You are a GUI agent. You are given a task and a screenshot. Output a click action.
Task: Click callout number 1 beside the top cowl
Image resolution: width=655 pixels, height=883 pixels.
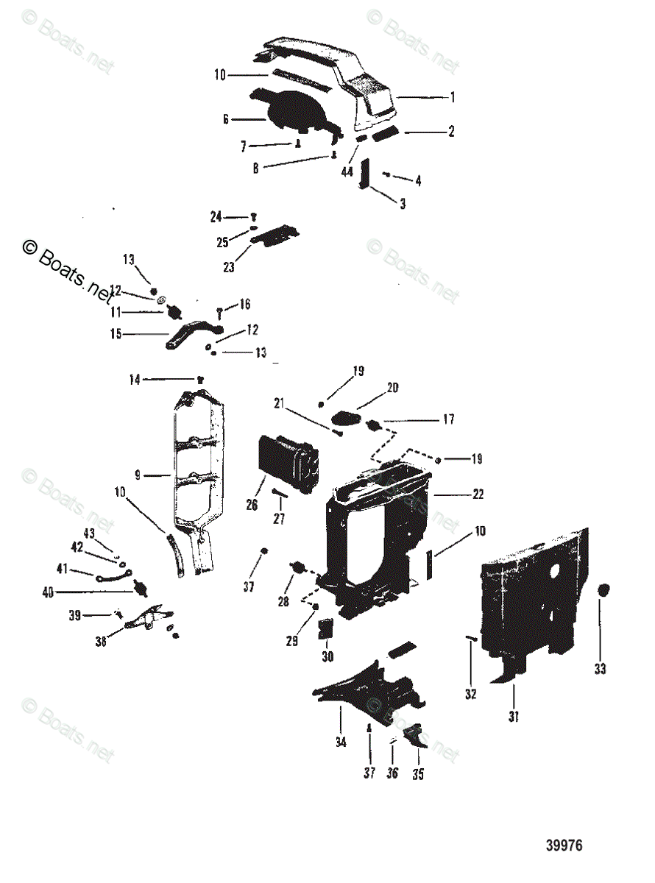tap(453, 96)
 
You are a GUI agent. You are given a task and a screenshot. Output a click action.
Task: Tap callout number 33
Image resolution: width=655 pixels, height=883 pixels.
tap(601, 669)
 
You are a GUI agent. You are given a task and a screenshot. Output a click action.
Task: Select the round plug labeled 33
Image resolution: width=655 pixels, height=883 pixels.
tap(603, 591)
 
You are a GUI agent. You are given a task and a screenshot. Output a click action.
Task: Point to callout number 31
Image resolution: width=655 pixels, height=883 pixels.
tap(514, 716)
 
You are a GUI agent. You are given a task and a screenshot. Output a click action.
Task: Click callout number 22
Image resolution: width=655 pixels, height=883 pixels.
tap(478, 494)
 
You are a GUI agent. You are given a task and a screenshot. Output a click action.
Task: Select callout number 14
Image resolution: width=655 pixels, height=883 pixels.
tap(134, 380)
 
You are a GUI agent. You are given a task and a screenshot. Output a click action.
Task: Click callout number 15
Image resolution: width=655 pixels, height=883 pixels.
tap(116, 334)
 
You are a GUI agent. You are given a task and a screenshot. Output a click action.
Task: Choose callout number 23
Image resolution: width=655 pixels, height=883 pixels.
tap(230, 267)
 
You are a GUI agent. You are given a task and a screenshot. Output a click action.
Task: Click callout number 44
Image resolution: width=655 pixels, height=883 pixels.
tap(347, 171)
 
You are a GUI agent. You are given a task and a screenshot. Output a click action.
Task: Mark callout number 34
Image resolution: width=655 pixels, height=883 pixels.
tap(341, 742)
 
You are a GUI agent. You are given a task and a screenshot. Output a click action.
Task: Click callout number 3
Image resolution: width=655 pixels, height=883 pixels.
tap(403, 204)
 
